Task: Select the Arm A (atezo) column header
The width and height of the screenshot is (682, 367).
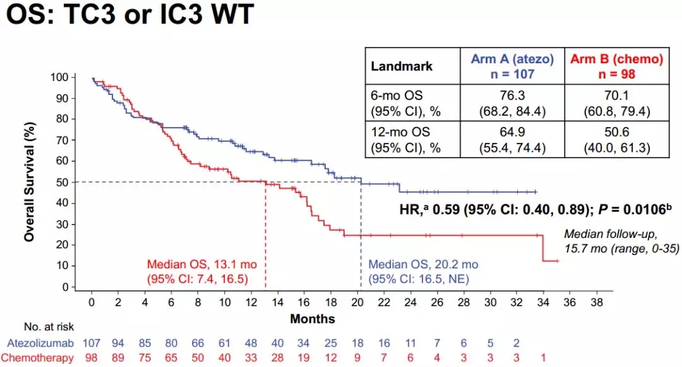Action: coord(512,66)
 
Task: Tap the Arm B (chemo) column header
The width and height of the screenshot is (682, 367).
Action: coord(616,66)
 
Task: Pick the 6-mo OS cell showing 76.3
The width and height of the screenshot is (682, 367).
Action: coord(512,103)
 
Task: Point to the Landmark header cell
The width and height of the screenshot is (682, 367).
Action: coord(402,66)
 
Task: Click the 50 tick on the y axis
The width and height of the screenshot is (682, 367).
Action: coord(62,182)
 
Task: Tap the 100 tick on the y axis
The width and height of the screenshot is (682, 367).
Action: coord(59,77)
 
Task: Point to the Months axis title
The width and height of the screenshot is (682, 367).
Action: coord(312,318)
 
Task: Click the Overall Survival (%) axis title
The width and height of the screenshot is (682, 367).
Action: coord(29,182)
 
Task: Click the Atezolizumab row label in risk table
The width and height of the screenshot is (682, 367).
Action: coord(44,344)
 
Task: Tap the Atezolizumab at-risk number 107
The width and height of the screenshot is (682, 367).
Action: coord(92,344)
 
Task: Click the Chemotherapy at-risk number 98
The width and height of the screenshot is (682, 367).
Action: coord(92,358)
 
